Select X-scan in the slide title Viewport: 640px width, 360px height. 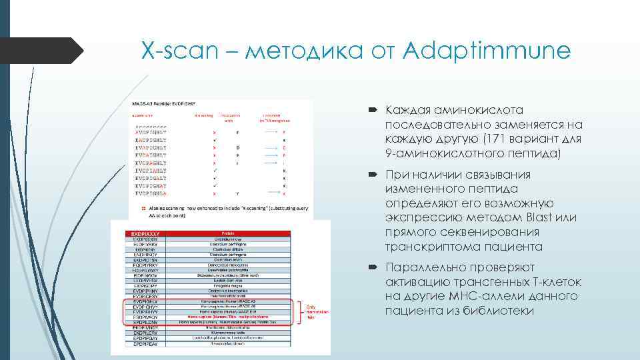coord(175,51)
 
